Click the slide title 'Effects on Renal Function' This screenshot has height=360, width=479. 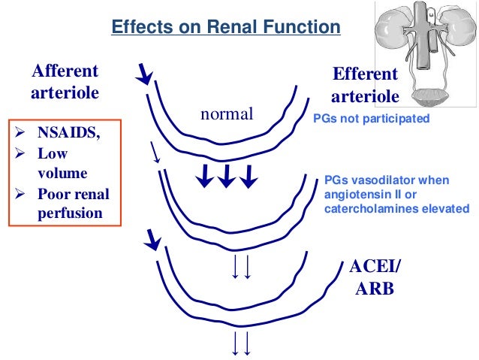point(225,28)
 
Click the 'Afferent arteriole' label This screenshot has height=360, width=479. point(64,84)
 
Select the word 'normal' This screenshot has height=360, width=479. point(227,115)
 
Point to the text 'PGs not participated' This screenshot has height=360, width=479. point(371,119)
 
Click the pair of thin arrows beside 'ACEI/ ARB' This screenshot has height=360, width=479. point(241,266)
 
